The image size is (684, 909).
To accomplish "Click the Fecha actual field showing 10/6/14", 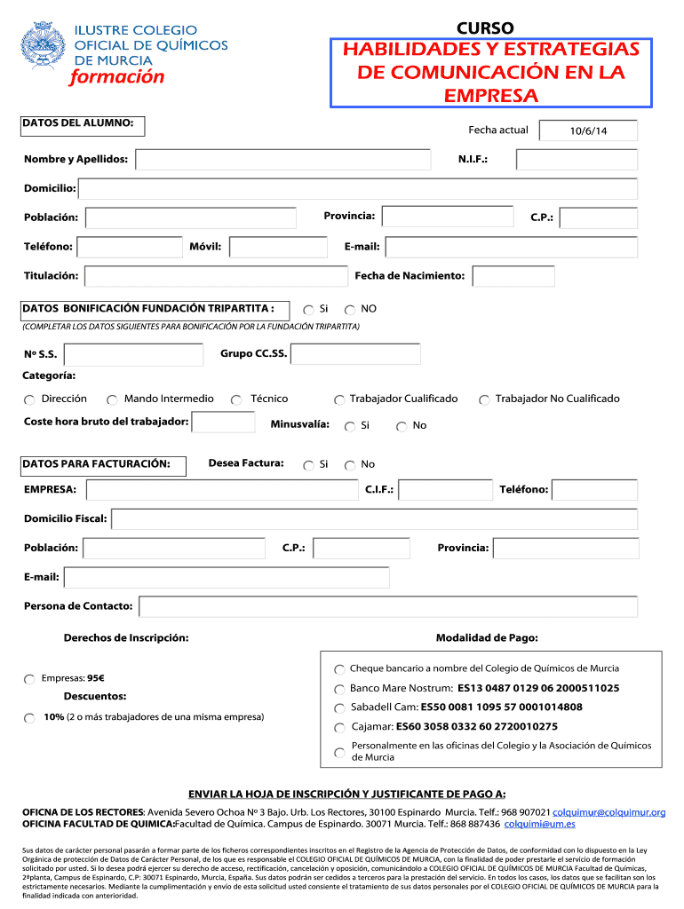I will [x=587, y=131].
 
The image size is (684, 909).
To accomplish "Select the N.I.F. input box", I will [x=576, y=160].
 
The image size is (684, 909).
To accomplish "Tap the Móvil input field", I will [x=281, y=247].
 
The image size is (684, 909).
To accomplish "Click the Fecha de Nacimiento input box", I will [x=513, y=276].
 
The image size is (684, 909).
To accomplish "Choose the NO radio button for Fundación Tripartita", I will [x=350, y=310].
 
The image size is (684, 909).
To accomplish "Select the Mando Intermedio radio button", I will [x=113, y=400].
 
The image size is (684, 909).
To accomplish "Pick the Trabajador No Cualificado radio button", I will [x=484, y=400].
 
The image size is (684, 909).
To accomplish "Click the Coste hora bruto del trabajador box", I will [x=223, y=422].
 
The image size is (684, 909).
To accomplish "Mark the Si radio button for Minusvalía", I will [x=350, y=427].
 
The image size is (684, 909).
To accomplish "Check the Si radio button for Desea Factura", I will [x=308, y=465].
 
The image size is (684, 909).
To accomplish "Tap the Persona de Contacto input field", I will [x=388, y=606].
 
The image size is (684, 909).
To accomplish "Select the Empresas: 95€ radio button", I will [x=30, y=680].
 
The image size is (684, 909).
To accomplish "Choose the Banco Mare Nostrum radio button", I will [x=340, y=690].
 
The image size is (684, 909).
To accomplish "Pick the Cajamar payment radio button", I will [x=340, y=728].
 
